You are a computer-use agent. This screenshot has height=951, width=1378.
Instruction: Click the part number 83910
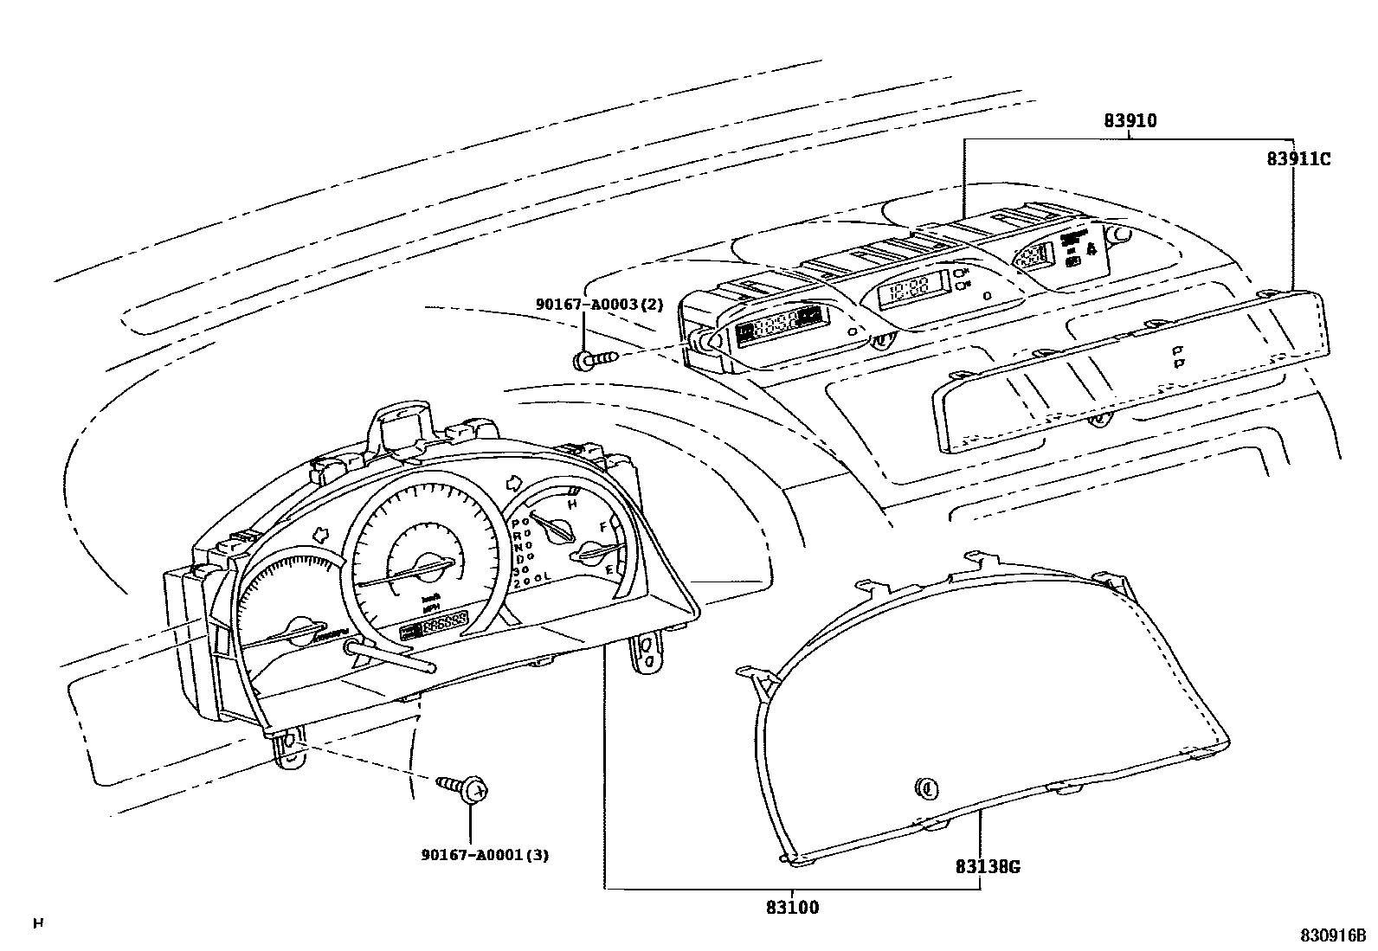click(1130, 122)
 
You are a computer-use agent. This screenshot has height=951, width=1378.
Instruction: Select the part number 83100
click(792, 908)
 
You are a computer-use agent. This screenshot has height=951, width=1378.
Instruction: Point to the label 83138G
click(988, 866)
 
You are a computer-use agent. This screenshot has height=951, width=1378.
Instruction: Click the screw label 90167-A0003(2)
click(599, 304)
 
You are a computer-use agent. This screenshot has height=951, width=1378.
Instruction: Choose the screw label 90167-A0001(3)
click(485, 855)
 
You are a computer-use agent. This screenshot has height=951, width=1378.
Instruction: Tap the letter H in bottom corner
click(37, 923)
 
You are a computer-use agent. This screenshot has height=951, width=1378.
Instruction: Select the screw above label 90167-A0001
click(467, 788)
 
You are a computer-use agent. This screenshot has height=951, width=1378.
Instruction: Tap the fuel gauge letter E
click(609, 569)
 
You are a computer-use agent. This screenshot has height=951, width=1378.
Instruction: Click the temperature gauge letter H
click(571, 504)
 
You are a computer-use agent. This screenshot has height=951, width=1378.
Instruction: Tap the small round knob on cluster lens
click(926, 787)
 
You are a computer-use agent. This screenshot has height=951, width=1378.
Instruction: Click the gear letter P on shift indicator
click(515, 524)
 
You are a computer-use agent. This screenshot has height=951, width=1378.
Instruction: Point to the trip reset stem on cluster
click(390, 655)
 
